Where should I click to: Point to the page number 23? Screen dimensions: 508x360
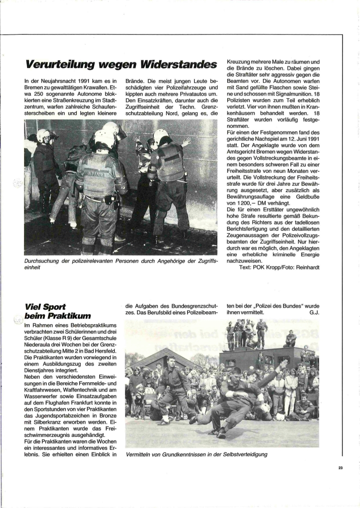(340, 468)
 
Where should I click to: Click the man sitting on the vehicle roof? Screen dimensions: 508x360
(290, 339)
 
